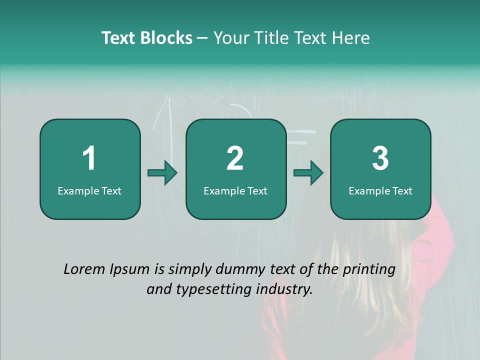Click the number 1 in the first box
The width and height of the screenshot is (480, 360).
pyautogui.click(x=89, y=158)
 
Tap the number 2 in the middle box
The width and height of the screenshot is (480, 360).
pyautogui.click(x=235, y=158)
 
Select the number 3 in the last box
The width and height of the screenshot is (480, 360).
pyautogui.click(x=380, y=158)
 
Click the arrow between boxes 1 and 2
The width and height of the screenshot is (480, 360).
pyautogui.click(x=162, y=173)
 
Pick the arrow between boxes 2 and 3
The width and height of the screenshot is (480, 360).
pyautogui.click(x=308, y=173)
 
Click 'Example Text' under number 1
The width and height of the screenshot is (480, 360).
pyautogui.click(x=89, y=191)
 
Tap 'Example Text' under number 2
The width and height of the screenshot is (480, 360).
pyautogui.click(x=235, y=191)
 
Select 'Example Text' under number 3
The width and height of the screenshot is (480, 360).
pyautogui.click(x=380, y=191)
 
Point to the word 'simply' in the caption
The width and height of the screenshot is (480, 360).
pyautogui.click(x=190, y=270)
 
